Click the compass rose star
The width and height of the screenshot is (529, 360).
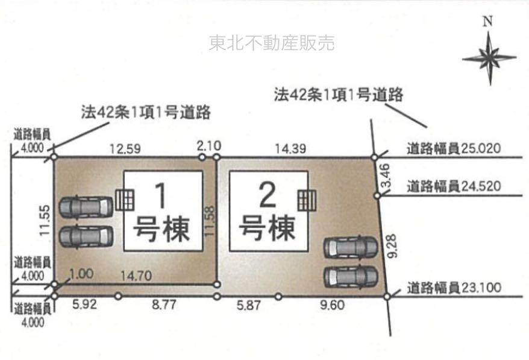click(489, 58)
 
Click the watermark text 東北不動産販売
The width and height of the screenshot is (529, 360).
click(272, 43)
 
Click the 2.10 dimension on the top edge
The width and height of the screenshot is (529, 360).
click(209, 146)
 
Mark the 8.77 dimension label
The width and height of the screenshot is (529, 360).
click(163, 306)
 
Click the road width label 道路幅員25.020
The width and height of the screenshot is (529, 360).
click(454, 148)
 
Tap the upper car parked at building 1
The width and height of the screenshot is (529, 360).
click(87, 206)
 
